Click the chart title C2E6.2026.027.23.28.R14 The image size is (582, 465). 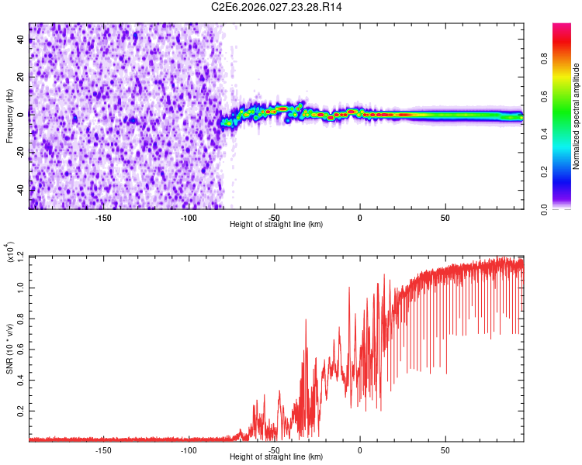pyautogui.click(x=277, y=7)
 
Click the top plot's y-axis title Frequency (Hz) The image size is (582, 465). pyautogui.click(x=9, y=116)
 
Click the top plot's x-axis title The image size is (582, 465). pyautogui.click(x=276, y=224)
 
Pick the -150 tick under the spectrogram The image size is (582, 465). pyautogui.click(x=103, y=217)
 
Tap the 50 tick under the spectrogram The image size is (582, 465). pyautogui.click(x=445, y=217)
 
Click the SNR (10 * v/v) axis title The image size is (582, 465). pyautogui.click(x=9, y=349)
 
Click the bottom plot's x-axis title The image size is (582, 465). pyautogui.click(x=276, y=457)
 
